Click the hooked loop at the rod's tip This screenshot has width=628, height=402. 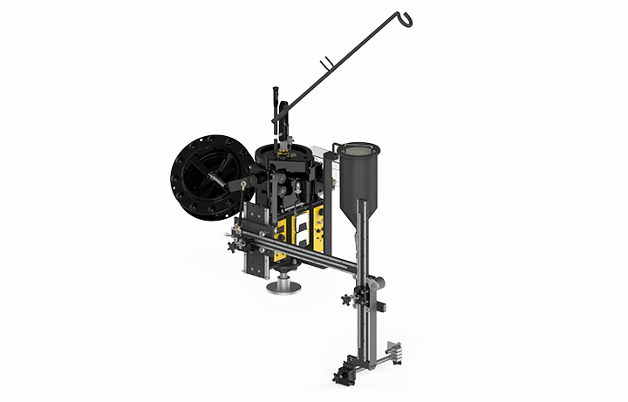coord(406,16)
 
